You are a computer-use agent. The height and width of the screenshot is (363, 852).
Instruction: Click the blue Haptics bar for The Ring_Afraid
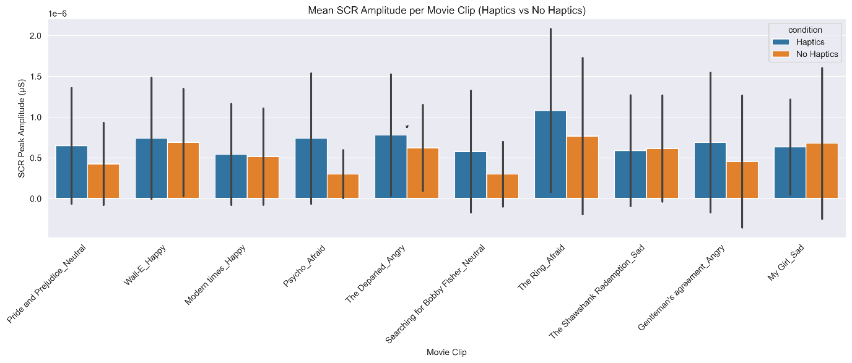pyautogui.click(x=550, y=155)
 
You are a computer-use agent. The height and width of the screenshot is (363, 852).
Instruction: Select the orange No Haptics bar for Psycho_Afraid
pyautogui.click(x=343, y=186)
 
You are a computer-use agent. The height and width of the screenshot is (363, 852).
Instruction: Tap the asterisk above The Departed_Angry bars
pyautogui.click(x=407, y=127)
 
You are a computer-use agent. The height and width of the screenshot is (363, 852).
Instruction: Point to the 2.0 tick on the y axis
pyautogui.click(x=35, y=36)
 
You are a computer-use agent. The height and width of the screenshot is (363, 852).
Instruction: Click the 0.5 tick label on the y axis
pyautogui.click(x=35, y=158)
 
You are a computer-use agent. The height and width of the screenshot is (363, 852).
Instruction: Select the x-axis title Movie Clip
pyautogui.click(x=446, y=352)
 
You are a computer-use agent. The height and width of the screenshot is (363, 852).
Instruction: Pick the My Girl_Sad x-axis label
pyautogui.click(x=787, y=262)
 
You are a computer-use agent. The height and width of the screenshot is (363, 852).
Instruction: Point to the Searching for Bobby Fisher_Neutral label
pyautogui.click(x=435, y=294)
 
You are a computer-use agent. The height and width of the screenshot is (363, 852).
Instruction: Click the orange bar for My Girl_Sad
pyautogui.click(x=822, y=171)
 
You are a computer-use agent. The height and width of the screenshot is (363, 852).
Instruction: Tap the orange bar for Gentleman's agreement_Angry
pyautogui.click(x=742, y=180)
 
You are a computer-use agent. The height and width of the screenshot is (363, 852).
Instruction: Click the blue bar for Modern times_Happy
pyautogui.click(x=231, y=176)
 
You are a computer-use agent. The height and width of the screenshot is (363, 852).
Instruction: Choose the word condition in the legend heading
pyautogui.click(x=805, y=29)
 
